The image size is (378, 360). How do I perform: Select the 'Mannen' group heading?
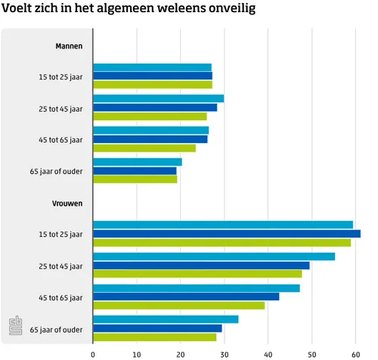point(69,46)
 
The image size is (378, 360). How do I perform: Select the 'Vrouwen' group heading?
point(67,203)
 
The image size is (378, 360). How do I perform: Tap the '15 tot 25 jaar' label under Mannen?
point(61,76)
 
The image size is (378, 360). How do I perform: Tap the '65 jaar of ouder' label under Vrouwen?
point(56,329)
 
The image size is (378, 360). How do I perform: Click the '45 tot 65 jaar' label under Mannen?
point(61,140)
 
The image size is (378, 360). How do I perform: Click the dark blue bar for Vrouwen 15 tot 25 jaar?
point(226,234)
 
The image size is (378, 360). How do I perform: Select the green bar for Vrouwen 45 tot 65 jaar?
point(178,305)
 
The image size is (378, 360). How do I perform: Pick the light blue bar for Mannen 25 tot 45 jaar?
point(158,98)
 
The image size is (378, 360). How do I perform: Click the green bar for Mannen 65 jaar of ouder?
point(135,179)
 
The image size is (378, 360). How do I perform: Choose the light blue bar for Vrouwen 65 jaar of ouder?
point(166,319)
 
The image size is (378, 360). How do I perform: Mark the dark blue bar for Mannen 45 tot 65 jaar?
point(150,139)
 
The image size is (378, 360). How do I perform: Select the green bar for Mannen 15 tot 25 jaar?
point(152,85)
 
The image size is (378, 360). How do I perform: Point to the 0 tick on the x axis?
point(93,352)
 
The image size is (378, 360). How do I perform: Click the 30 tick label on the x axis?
point(225,352)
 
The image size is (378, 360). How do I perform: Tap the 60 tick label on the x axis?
point(355,352)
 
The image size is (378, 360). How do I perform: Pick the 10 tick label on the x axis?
point(137,352)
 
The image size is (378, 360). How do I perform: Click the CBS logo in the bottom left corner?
point(14,325)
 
